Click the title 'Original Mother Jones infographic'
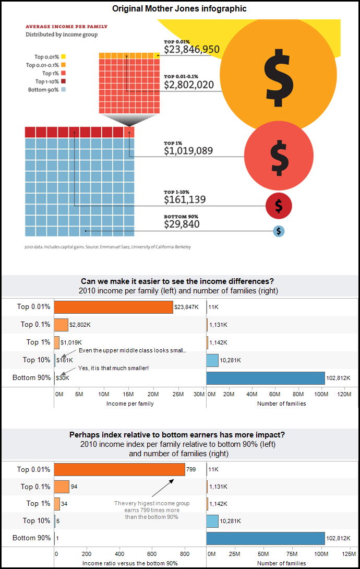click(x=180, y=8)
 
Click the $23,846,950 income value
click(x=191, y=50)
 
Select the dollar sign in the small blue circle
click(x=279, y=231)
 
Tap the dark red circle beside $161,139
click(x=279, y=206)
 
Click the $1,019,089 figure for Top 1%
click(x=188, y=151)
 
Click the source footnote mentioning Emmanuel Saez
click(x=107, y=247)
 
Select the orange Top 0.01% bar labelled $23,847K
click(x=113, y=307)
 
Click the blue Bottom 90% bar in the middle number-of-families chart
click(x=266, y=378)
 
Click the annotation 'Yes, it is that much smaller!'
click(x=113, y=368)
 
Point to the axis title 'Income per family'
click(x=130, y=404)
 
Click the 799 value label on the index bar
click(x=191, y=470)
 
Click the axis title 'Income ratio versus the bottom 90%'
click(x=130, y=563)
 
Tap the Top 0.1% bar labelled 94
click(x=62, y=487)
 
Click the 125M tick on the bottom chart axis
click(x=349, y=554)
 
